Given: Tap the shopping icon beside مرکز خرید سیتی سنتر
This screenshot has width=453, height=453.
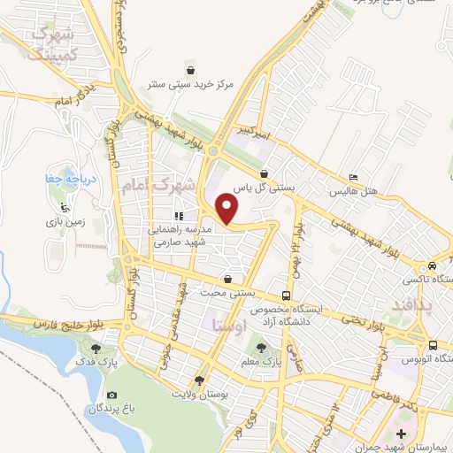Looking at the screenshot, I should [x=190, y=69].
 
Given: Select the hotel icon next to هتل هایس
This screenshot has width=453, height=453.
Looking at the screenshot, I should [x=354, y=177].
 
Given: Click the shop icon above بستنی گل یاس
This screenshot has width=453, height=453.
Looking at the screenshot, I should [x=265, y=173].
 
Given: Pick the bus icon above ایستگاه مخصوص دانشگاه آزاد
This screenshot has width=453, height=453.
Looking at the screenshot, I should [x=286, y=296].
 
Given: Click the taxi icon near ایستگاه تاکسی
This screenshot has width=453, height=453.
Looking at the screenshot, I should [x=431, y=265].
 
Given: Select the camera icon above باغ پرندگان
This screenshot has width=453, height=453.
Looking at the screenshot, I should [x=111, y=395].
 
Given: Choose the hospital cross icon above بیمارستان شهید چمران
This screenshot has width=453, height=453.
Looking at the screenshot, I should [x=403, y=434].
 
